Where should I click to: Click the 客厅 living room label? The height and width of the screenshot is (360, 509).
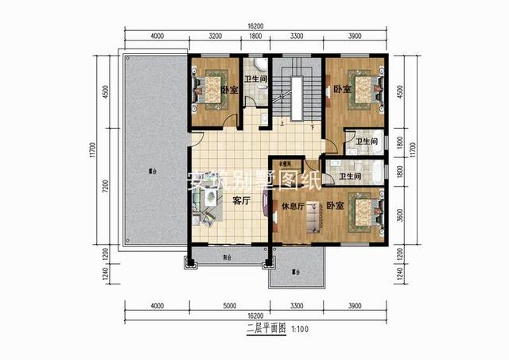(x=241, y=201)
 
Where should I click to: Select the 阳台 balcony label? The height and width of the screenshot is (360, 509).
(x=228, y=257)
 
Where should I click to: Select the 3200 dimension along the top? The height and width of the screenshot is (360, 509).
(x=215, y=36)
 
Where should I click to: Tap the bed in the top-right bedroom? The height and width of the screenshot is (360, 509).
(x=363, y=87)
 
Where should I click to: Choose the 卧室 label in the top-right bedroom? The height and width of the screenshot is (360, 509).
(x=341, y=89)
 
